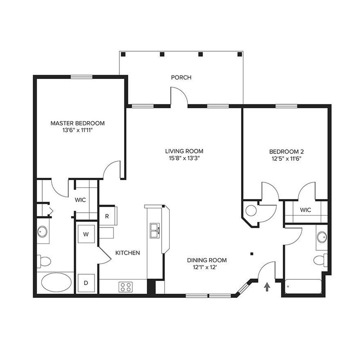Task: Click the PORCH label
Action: [181, 77]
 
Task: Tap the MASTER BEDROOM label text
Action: [77, 123]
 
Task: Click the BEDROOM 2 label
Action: [286, 151]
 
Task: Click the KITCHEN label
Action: [128, 253]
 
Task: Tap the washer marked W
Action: [86, 234]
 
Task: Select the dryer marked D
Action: [86, 282]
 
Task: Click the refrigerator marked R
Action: [107, 216]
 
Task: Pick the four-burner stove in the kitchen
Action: [125, 287]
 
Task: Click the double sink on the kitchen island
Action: [154, 230]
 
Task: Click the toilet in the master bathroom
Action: [44, 260]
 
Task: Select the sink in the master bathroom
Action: [43, 232]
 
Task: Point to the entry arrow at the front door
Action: [267, 287]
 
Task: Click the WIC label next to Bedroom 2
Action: [305, 210]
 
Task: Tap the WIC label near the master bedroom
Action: [81, 200]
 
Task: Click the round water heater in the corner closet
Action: [251, 210]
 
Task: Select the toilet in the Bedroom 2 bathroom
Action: [319, 259]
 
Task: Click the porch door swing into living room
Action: [179, 96]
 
